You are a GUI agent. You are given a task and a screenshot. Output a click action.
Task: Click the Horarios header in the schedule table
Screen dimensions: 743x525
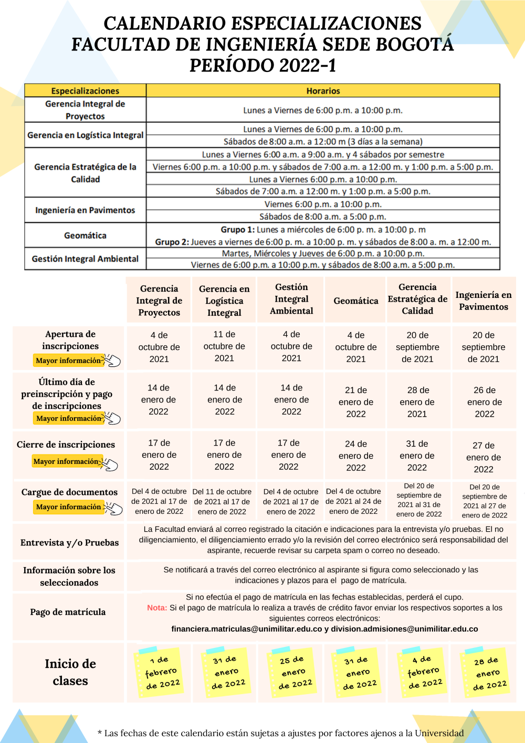[323, 91]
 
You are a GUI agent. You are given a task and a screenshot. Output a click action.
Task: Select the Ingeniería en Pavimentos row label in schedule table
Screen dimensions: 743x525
[85, 210]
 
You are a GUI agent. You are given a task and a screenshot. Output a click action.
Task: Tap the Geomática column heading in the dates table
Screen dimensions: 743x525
[356, 301]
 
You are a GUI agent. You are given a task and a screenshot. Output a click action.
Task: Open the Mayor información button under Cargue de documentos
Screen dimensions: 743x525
[69, 507]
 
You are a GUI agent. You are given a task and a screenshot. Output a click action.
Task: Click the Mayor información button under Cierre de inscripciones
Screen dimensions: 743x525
[66, 462]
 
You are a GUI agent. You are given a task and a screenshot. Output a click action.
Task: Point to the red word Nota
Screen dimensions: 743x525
[157, 608]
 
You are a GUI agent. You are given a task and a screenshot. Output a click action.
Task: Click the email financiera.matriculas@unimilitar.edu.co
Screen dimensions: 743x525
[246, 629]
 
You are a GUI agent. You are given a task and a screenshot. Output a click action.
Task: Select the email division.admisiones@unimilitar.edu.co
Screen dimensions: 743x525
[404, 629]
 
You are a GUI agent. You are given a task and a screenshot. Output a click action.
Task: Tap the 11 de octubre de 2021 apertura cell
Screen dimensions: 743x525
[224, 346]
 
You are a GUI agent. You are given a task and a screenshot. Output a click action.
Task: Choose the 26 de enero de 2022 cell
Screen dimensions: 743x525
[485, 402]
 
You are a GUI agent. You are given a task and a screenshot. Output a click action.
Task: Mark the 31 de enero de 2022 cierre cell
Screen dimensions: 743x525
[417, 456]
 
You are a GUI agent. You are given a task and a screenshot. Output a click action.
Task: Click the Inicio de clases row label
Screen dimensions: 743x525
[70, 672]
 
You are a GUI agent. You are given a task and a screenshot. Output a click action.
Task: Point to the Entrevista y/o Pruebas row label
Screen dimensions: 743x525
[69, 543]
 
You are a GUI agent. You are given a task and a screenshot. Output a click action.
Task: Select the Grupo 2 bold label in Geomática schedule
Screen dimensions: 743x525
[172, 242]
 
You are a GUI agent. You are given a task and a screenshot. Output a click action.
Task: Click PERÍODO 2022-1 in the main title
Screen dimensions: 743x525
[262, 66]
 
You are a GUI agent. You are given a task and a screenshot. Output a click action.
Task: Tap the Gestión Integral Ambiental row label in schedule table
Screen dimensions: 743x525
[85, 259]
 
